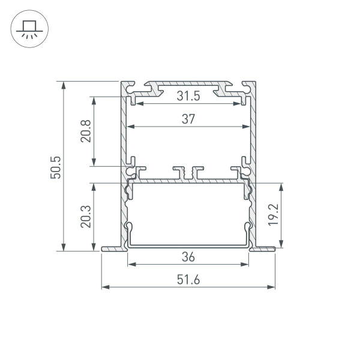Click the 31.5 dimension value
[188, 96]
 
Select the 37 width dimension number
[188, 119]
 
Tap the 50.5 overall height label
[55, 166]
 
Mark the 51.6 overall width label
[188, 279]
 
